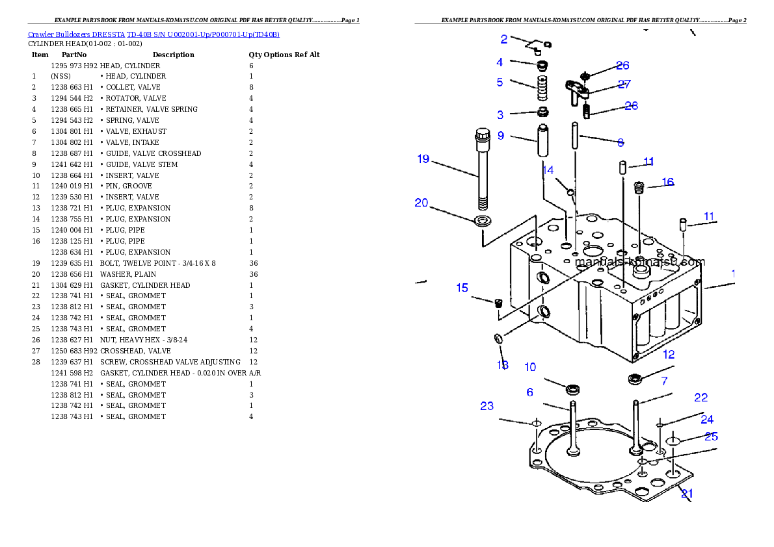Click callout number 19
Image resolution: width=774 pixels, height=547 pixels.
423,159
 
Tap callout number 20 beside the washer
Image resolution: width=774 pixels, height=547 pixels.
421,203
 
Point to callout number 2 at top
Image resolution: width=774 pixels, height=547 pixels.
504,39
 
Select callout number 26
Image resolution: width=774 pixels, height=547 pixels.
622,66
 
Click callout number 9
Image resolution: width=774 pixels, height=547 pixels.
501,136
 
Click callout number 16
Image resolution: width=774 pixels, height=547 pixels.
667,182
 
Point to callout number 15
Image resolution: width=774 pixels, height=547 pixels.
462,288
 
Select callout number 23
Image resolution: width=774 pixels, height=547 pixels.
487,406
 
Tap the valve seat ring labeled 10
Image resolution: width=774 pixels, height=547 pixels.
573,390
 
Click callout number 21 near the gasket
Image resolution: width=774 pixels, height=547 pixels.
687,493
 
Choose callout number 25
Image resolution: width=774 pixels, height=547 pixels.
711,437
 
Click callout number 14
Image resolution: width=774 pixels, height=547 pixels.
548,170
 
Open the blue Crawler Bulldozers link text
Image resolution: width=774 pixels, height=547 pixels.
153,34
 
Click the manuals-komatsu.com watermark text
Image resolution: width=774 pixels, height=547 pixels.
640,262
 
